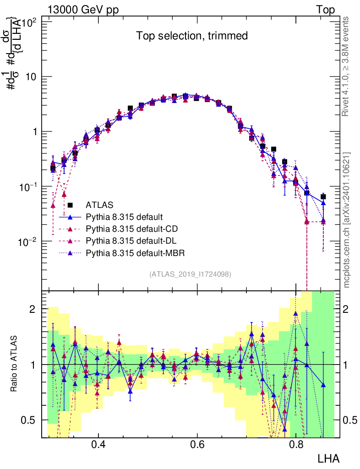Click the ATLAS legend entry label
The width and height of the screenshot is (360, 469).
pos(99,205)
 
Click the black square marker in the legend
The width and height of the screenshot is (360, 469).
pos(70,205)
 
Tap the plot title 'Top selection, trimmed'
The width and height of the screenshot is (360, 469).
pos(192,36)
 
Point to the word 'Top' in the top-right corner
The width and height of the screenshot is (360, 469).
pos(325,10)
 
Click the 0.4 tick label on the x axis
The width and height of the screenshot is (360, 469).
pos(98,444)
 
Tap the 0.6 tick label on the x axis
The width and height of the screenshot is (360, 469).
pos(197,444)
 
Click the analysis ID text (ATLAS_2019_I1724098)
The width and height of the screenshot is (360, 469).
pos(190,274)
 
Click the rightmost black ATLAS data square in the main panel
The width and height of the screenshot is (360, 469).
pos(323,196)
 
